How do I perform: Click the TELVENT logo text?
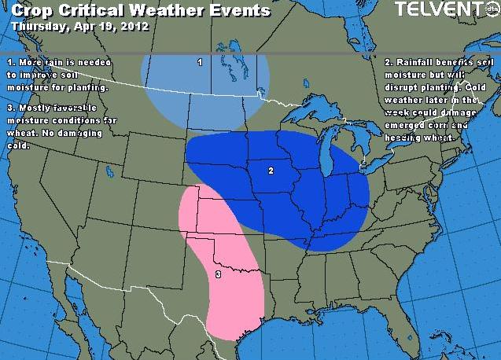(436, 9)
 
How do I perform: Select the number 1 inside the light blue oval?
(200, 61)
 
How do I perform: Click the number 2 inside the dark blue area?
(271, 171)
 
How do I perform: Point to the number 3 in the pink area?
(217, 274)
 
